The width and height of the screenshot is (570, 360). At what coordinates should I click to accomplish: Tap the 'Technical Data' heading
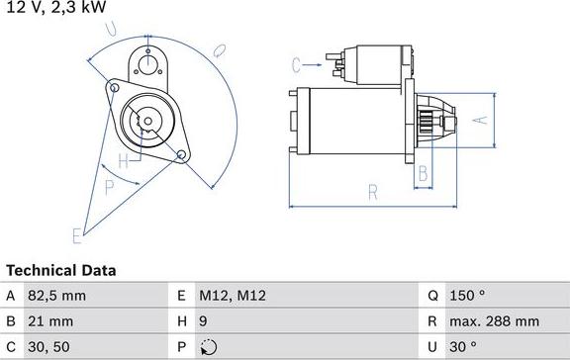61,270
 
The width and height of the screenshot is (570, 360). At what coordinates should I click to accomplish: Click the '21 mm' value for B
51,320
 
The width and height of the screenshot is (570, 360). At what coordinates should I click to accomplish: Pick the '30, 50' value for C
49,346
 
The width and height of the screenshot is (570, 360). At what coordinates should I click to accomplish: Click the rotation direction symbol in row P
207,347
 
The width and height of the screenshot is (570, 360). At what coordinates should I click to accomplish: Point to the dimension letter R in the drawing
373,192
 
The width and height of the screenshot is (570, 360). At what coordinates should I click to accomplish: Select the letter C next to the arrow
296,65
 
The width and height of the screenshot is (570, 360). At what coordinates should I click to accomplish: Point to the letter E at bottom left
76,234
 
